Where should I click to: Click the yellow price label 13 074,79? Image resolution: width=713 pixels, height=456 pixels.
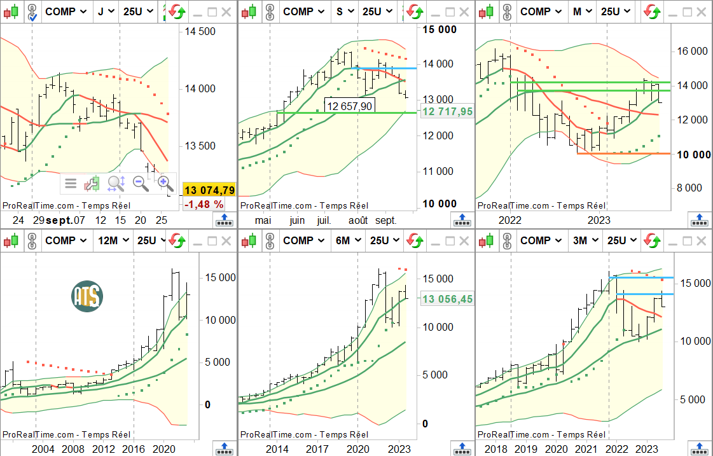point(209,190)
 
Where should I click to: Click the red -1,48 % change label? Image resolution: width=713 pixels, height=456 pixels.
point(204,204)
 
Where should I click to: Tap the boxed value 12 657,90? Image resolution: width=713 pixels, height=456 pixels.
point(349,106)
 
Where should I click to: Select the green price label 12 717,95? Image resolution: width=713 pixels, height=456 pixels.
point(447,111)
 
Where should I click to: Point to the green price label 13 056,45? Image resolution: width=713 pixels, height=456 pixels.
point(447,299)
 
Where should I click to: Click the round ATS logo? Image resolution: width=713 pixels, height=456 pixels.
point(87,296)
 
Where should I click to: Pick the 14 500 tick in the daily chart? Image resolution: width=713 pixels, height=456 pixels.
point(200,31)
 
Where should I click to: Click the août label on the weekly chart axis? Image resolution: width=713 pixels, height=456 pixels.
point(358,220)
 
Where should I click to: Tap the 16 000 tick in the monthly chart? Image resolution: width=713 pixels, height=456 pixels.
point(691,51)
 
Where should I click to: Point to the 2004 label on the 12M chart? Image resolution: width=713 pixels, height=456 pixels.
point(43,449)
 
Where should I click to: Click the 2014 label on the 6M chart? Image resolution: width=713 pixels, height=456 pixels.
point(277,449)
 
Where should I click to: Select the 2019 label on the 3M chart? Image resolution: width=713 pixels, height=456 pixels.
point(526,449)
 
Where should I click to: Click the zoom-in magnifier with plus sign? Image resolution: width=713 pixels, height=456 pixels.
point(165,184)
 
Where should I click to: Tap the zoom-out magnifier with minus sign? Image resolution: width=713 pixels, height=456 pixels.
point(141,184)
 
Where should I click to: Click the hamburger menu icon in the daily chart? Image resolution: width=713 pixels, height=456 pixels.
point(71,184)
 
